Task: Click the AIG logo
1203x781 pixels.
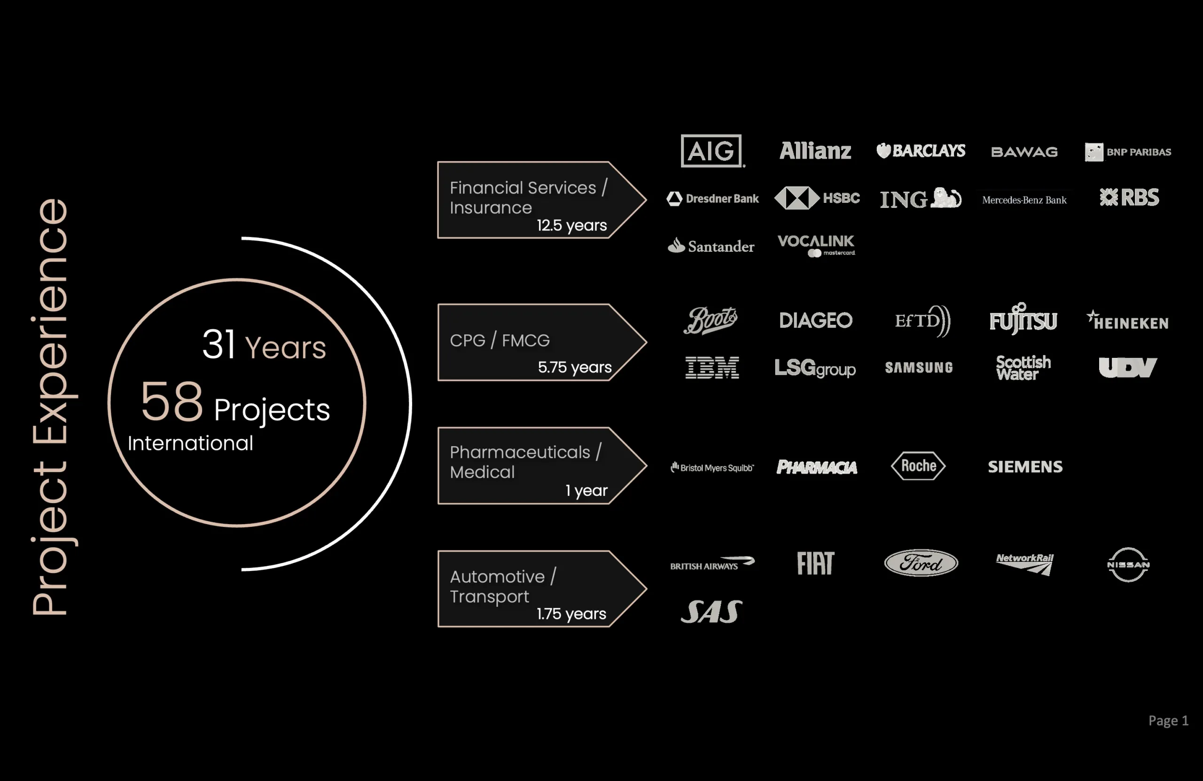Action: pyautogui.click(x=711, y=151)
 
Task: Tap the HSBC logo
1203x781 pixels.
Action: pyautogui.click(x=817, y=198)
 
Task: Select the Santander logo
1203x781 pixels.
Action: pyautogui.click(x=711, y=246)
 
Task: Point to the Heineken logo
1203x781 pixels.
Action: pyautogui.click(x=1127, y=320)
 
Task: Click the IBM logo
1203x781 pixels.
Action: pyautogui.click(x=711, y=367)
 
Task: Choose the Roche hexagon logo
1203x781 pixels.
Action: pyautogui.click(x=918, y=466)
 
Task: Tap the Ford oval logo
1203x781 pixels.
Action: pyautogui.click(x=921, y=563)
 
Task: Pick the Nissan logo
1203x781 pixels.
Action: pyautogui.click(x=1128, y=564)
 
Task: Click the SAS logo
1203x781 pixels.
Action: pyautogui.click(x=711, y=611)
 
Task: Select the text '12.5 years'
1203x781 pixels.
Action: pyautogui.click(x=572, y=225)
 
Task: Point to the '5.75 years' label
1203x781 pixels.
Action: pyautogui.click(x=575, y=367)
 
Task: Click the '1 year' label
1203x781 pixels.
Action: pyautogui.click(x=586, y=490)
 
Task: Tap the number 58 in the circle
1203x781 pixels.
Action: pyautogui.click(x=172, y=402)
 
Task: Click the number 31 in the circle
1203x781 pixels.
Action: pyautogui.click(x=219, y=345)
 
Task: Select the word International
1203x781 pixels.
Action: pyautogui.click(x=190, y=443)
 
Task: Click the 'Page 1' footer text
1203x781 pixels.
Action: pyautogui.click(x=1168, y=720)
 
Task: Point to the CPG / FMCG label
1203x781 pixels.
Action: pyautogui.click(x=500, y=340)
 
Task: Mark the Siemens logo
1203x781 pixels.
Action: pyautogui.click(x=1025, y=466)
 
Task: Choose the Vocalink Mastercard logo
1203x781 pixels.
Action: pyautogui.click(x=816, y=246)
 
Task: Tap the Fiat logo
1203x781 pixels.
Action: pyautogui.click(x=815, y=563)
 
